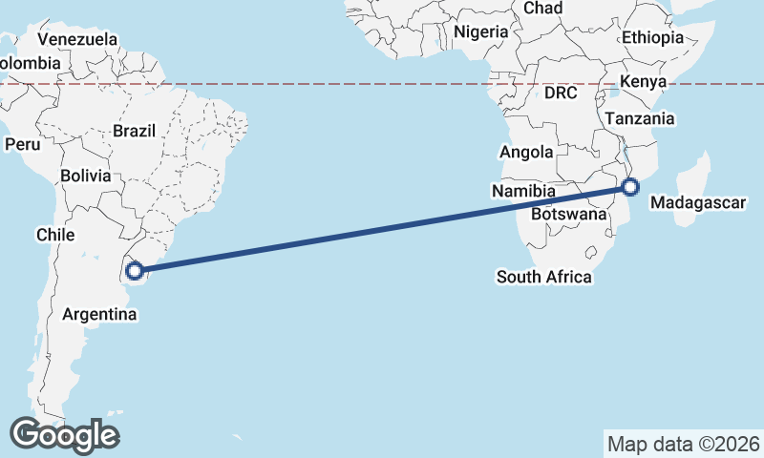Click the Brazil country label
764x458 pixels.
coord(134,131)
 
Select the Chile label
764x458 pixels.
coord(55,235)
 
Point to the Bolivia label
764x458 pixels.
coord(85,177)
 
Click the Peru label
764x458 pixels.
coord(23,145)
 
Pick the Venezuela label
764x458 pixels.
coord(78,40)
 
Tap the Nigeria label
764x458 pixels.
coord(481,31)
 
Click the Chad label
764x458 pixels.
coord(543,8)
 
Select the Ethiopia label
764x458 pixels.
coord(653,38)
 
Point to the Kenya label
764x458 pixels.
coord(643,82)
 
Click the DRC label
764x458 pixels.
coord(562,93)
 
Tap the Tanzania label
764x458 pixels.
coord(640,119)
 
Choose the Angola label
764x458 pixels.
coord(526,153)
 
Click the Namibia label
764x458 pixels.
coord(524,192)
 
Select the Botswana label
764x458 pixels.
coord(569,214)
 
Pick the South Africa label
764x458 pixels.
coord(544,278)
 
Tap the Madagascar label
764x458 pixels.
coord(696,202)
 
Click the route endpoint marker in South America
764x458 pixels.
coord(135,271)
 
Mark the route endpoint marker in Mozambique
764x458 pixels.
coord(630,187)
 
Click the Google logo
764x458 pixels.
coord(65,435)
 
